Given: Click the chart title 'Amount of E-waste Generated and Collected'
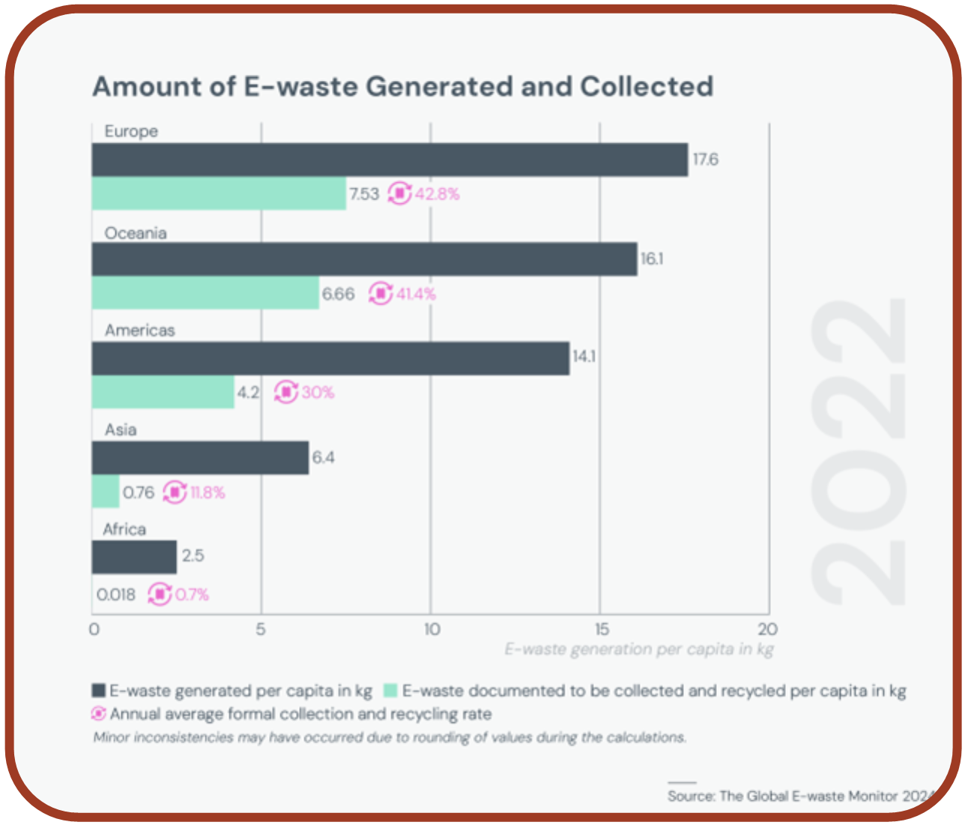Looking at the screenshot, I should point(402,86).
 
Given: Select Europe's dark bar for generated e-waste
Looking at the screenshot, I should point(390,160).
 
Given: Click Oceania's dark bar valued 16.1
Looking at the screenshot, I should point(364,259).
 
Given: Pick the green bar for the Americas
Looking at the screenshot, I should point(163,392).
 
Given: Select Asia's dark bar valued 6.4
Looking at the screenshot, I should point(200,458).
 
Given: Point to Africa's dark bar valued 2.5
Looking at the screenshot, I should point(134,557).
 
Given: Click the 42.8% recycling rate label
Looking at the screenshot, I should point(438,194).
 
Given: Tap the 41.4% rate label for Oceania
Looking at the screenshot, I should point(416,294).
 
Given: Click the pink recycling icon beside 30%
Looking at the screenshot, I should point(285,392).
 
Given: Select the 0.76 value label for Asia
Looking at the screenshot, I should point(139,492).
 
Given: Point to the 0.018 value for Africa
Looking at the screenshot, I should point(116,595).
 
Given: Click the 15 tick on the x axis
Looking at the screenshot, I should point(601,629).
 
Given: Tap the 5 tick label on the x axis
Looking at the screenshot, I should point(261,629).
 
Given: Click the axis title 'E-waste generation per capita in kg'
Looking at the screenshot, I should point(638,649).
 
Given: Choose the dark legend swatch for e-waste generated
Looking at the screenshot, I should point(98,690).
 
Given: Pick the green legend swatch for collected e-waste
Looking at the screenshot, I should point(390,690).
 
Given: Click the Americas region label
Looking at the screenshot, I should point(139,330).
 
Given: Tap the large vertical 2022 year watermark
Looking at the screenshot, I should point(859,451).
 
